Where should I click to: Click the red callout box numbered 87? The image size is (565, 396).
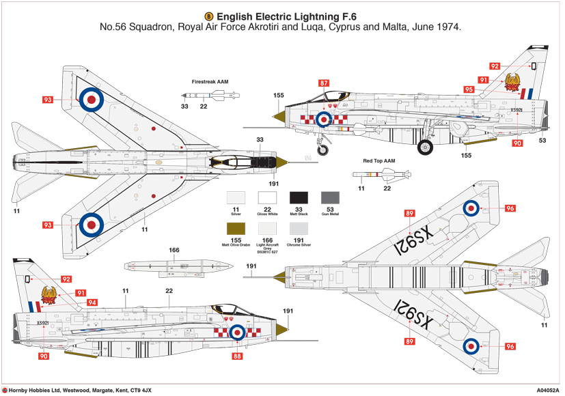pyautogui.click(x=324, y=83)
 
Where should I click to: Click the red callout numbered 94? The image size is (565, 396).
pyautogui.click(x=91, y=302)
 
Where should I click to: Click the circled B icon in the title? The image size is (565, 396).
pyautogui.click(x=208, y=16)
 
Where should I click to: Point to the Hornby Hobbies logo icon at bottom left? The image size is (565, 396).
pyautogui.click(x=5, y=389)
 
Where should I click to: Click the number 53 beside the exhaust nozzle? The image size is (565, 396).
pyautogui.click(x=542, y=141)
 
